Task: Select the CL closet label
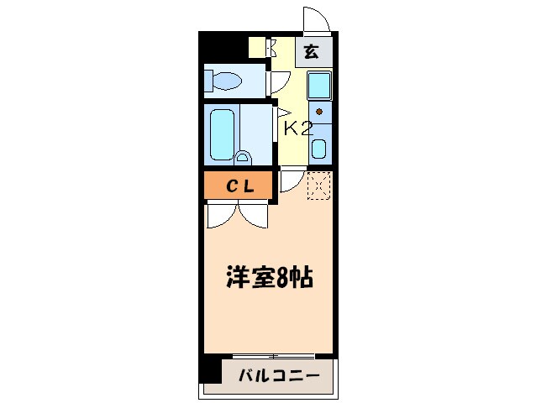(x=239, y=185)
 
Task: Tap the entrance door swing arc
(x=313, y=18)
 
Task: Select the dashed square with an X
(x=319, y=186)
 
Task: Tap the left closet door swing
(x=222, y=215)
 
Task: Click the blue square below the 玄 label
(x=319, y=86)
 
